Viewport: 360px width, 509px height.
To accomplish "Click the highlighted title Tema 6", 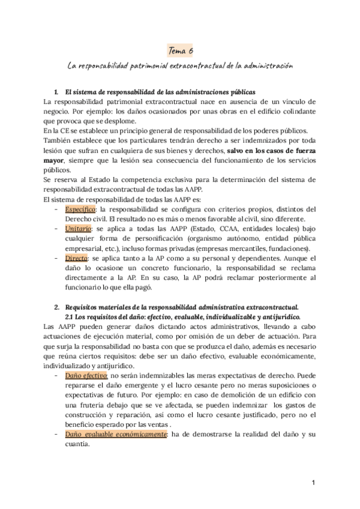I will point(179,52).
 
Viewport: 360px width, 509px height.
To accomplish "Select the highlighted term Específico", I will point(80,209).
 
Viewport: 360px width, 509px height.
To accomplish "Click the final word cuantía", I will point(76,444).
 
